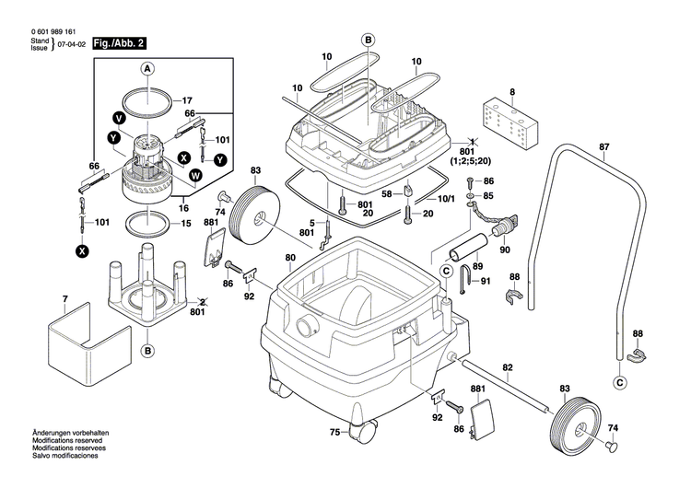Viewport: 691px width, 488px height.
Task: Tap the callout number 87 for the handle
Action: coord(604,147)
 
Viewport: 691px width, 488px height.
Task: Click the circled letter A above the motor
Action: coord(147,68)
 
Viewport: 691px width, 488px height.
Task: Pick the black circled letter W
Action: coord(194,175)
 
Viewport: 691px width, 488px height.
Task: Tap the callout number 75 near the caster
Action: coord(335,432)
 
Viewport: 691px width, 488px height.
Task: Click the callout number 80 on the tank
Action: coord(290,257)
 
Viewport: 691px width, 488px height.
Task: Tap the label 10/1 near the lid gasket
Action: coord(445,198)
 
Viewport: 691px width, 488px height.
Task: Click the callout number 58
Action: coord(387,192)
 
